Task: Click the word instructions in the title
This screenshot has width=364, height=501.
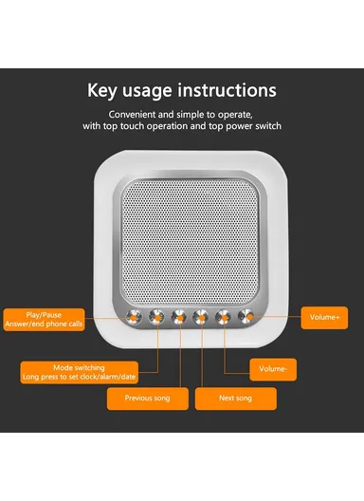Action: click(229, 91)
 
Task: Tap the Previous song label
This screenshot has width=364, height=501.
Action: click(148, 398)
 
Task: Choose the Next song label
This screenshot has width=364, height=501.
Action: click(235, 398)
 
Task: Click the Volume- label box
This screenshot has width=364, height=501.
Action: click(272, 367)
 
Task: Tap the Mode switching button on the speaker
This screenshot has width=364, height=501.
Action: click(156, 318)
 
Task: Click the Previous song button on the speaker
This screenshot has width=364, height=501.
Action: click(178, 318)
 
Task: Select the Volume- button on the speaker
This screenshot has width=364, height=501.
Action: click(224, 318)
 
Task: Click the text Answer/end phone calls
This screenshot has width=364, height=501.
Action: click(43, 324)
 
